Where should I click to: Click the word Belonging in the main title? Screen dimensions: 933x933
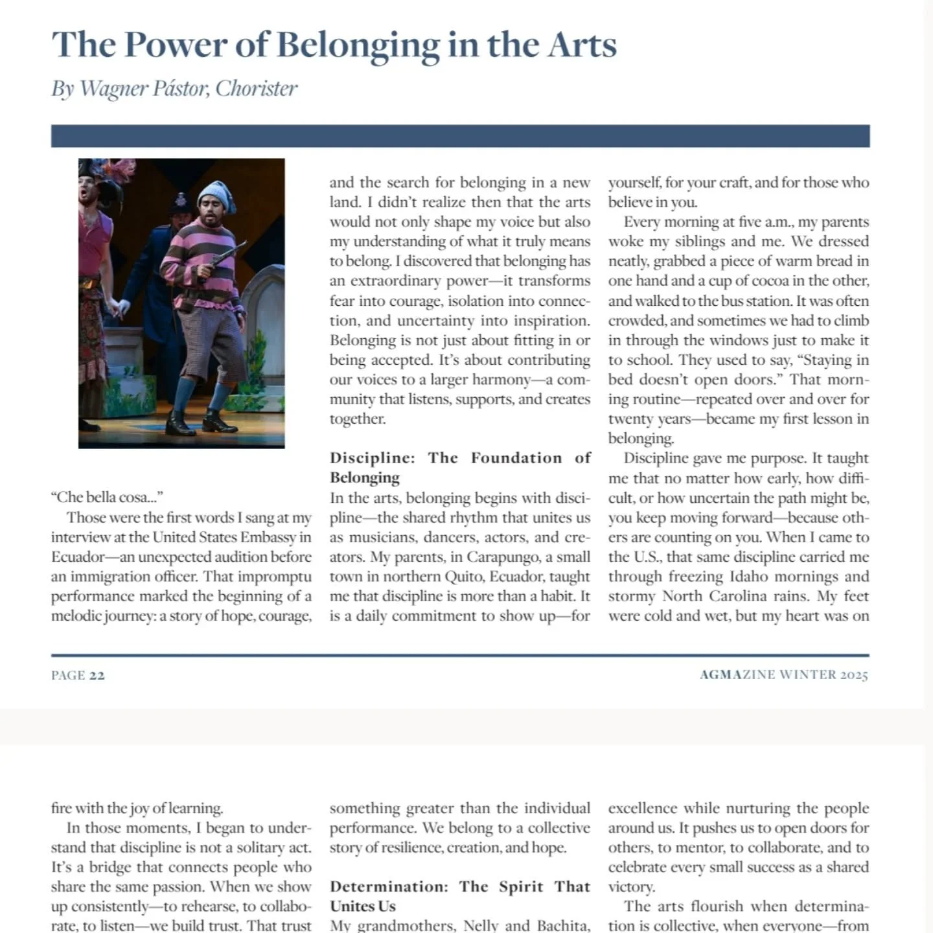(x=358, y=45)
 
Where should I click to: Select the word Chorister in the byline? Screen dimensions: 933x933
(x=257, y=89)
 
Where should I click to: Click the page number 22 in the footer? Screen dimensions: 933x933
(x=97, y=675)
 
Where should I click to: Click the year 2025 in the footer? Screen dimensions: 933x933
(x=854, y=675)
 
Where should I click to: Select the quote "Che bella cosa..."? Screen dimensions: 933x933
(x=107, y=498)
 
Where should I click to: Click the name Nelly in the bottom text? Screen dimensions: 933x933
(x=482, y=926)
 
